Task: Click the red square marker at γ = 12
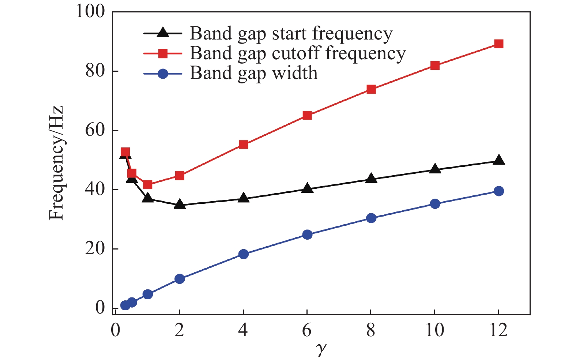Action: coord(498,44)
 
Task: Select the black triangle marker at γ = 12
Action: coord(498,160)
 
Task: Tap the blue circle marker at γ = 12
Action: coord(498,191)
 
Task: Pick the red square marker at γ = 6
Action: coord(307,116)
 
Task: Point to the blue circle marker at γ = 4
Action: coord(243,254)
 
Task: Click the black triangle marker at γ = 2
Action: coord(180,204)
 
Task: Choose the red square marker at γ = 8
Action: coord(371,89)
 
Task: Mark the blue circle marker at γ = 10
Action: coord(435,204)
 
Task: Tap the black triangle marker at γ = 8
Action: coord(371,178)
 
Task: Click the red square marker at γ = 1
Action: coord(148,184)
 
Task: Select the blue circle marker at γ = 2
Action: coord(180,279)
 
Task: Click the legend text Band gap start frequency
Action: coord(291,34)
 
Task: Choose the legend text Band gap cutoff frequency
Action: coord(298,54)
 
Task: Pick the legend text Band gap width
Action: coord(253,73)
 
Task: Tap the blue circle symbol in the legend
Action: coord(163,74)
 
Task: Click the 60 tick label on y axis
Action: coord(95,130)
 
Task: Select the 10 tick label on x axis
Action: coord(435,330)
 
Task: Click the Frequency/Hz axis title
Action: coord(56,163)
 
